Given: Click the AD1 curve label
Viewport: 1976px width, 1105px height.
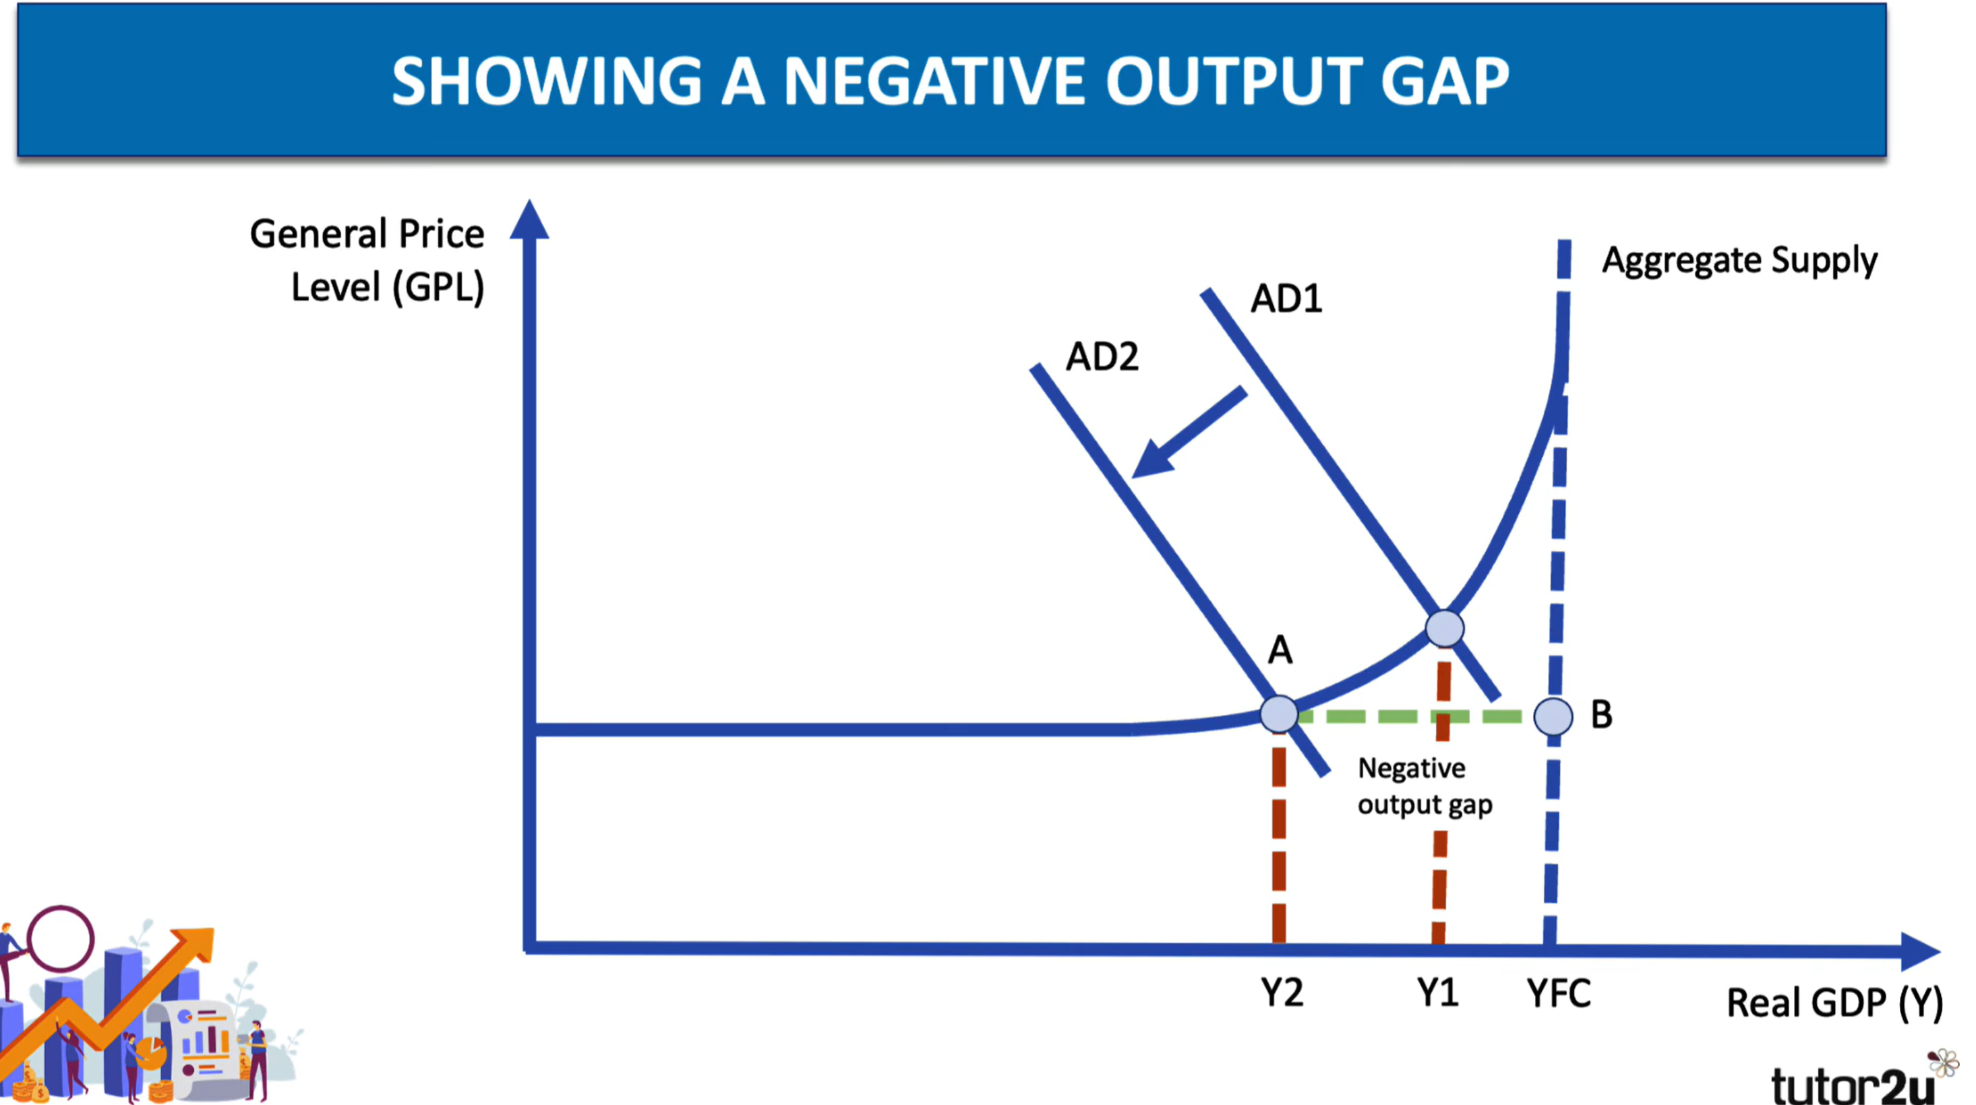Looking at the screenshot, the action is pos(1286,298).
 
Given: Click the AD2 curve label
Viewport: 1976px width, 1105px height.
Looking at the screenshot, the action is pos(1102,356).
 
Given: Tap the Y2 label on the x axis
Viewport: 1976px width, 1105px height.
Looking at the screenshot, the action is pos(1282,993).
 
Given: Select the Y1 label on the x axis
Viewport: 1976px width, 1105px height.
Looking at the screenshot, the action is pos(1437,993).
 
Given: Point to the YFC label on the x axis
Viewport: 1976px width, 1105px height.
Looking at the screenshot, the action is pos(1559,993).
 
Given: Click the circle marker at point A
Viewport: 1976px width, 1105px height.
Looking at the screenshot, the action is pos(1279,715).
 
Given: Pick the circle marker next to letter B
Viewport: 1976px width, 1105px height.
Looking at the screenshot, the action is pos(1553,716).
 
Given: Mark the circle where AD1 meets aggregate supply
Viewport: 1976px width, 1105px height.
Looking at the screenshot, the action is pos(1444,629).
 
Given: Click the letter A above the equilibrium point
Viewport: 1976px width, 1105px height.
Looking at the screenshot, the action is pos(1280,650).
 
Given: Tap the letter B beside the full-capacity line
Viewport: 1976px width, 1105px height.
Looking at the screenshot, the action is pos(1602,714).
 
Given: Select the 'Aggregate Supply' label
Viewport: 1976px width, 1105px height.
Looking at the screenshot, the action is pos(1740,261).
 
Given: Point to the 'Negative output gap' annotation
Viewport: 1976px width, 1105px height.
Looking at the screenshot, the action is pos(1425,787).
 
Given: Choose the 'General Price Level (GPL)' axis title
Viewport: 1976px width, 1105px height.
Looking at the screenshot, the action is pos(367,261).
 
